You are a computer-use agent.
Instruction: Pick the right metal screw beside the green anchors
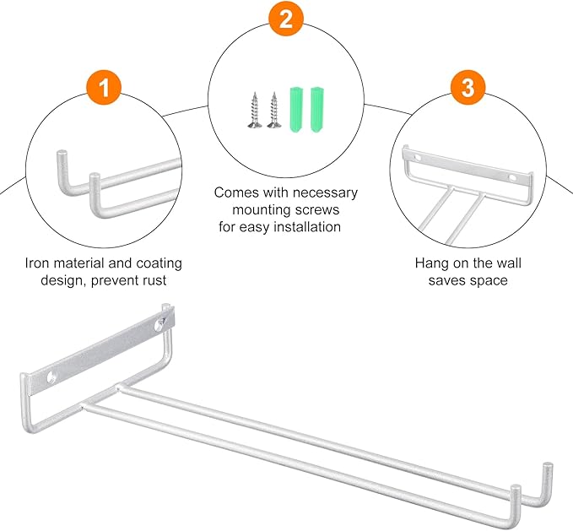[x=273, y=111]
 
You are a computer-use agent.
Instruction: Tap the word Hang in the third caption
[x=430, y=263]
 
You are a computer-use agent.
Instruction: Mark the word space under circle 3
[x=490, y=280]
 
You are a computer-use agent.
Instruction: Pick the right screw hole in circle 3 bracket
[x=511, y=178]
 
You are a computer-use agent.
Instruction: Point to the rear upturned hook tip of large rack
[x=548, y=469]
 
